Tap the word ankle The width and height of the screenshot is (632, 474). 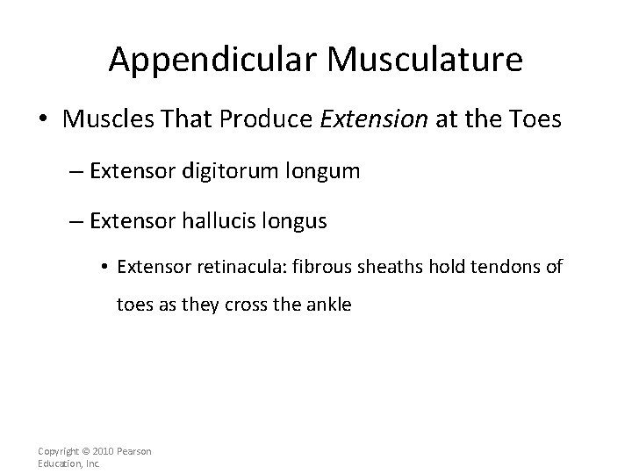[x=327, y=306]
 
